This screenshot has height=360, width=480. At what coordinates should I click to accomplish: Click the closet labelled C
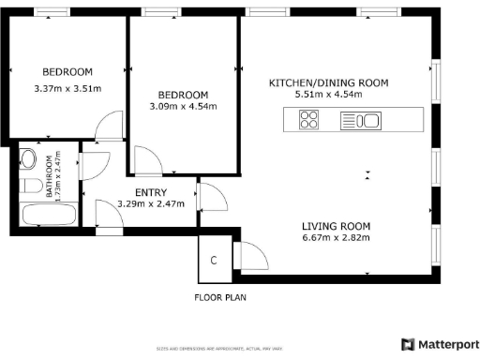pyautogui.click(x=214, y=260)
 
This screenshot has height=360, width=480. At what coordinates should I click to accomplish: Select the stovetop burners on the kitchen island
pyautogui.click(x=309, y=120)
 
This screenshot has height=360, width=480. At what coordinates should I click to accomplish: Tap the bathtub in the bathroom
pyautogui.click(x=50, y=214)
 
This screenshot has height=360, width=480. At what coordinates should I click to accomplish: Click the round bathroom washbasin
pyautogui.click(x=29, y=158)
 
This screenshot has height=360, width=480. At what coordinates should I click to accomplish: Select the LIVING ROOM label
pyautogui.click(x=336, y=226)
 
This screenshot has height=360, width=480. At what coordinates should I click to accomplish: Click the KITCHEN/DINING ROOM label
pyautogui.click(x=328, y=83)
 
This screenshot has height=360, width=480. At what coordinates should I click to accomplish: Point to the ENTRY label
pyautogui.click(x=151, y=193)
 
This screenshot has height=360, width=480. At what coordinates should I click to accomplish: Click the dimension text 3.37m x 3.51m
pyautogui.click(x=67, y=89)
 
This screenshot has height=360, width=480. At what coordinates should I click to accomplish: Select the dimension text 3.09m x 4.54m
pyautogui.click(x=183, y=106)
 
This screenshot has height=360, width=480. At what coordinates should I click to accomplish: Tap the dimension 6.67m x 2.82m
pyautogui.click(x=336, y=237)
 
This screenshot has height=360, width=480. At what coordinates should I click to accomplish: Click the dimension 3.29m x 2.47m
pyautogui.click(x=151, y=204)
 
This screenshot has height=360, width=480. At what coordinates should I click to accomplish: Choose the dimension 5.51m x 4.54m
pyautogui.click(x=328, y=94)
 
